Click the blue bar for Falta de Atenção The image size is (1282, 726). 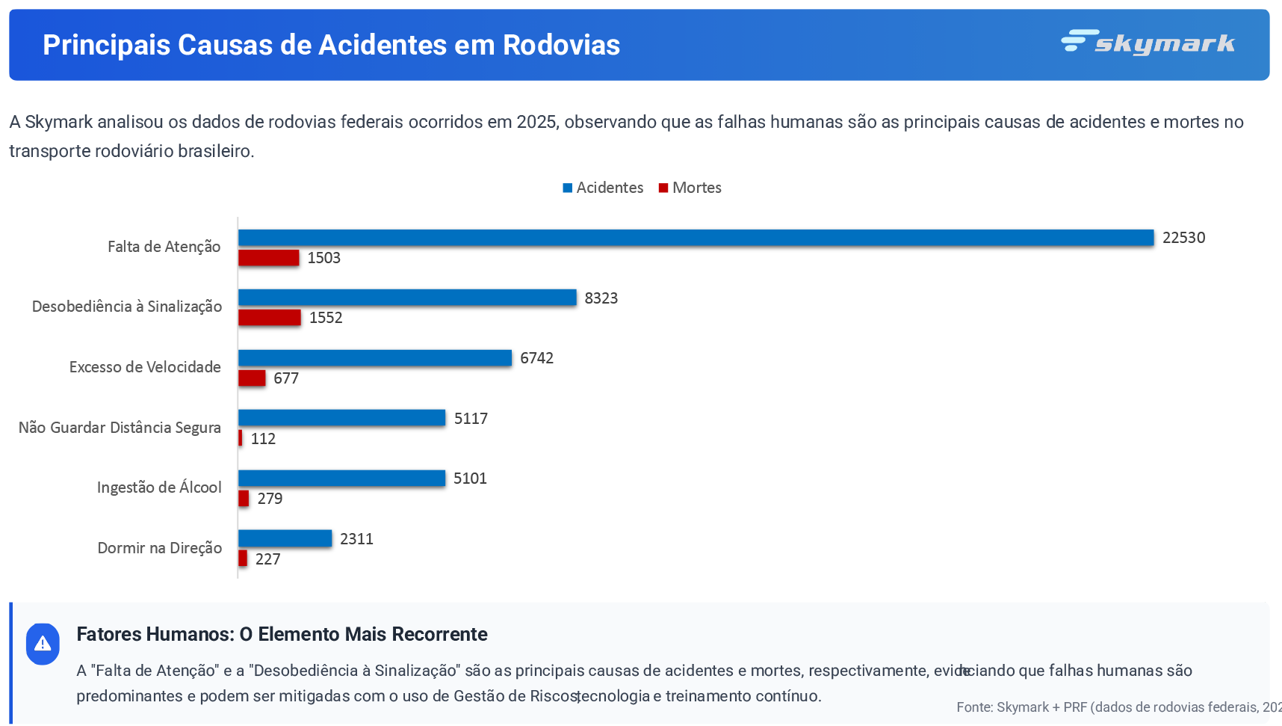(x=696, y=238)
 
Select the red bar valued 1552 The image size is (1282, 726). (x=269, y=318)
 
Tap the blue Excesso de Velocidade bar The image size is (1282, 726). (x=374, y=358)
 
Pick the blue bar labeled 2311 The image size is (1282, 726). (x=285, y=538)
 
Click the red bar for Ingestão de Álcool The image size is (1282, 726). (x=244, y=499)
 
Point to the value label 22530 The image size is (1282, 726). (x=1183, y=238)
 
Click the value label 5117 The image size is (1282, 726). (x=471, y=419)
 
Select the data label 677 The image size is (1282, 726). (x=286, y=378)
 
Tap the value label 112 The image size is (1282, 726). (x=263, y=439)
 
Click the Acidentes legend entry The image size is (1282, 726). (x=603, y=188)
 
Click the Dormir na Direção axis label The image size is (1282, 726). (x=159, y=548)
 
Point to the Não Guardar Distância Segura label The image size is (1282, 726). (x=120, y=428)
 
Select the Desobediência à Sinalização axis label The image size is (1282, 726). (x=127, y=307)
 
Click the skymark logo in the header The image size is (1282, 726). (x=1148, y=43)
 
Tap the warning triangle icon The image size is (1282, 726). (x=43, y=644)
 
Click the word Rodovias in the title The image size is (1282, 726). (x=561, y=45)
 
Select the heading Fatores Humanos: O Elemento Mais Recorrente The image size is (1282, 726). (x=282, y=634)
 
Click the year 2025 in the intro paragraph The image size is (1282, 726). (x=536, y=122)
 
